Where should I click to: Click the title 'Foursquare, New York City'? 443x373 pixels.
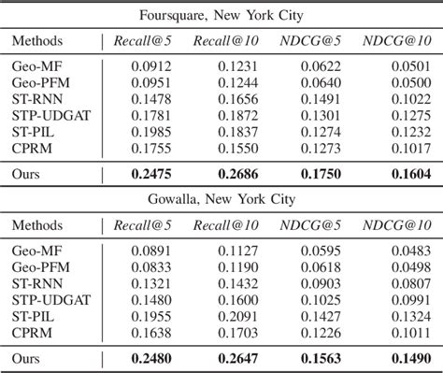click(221, 16)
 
